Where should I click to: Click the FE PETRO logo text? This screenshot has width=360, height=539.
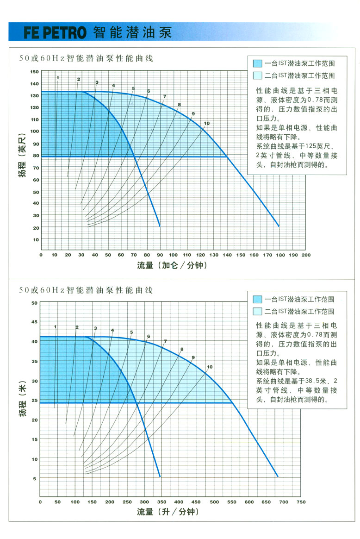point(55,33)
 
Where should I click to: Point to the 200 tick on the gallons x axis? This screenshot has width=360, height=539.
point(306,255)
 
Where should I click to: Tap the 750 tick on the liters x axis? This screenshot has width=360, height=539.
point(301,502)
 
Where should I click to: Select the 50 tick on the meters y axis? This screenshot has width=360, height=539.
point(34,303)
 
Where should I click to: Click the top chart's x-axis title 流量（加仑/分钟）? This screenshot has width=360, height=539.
point(172,265)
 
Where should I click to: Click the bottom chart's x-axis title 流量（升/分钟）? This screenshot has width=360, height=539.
point(168,512)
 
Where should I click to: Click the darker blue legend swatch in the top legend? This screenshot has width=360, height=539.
point(258,63)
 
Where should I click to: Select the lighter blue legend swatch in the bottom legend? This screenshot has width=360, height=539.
point(258,311)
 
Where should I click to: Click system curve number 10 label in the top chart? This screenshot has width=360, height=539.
point(206,124)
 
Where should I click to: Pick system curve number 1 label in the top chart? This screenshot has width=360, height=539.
point(58,77)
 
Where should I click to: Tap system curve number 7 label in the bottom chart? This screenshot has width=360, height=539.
point(165,341)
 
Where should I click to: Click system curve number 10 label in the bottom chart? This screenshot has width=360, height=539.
point(209,367)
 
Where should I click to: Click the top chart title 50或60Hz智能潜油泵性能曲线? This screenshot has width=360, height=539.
point(86,59)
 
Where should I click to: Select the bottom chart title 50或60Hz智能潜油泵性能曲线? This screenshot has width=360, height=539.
point(86,290)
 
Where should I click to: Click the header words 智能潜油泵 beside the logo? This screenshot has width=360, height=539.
point(132,32)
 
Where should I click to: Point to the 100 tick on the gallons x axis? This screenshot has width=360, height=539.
point(173,255)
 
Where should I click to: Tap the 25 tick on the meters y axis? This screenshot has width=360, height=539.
point(34,400)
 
